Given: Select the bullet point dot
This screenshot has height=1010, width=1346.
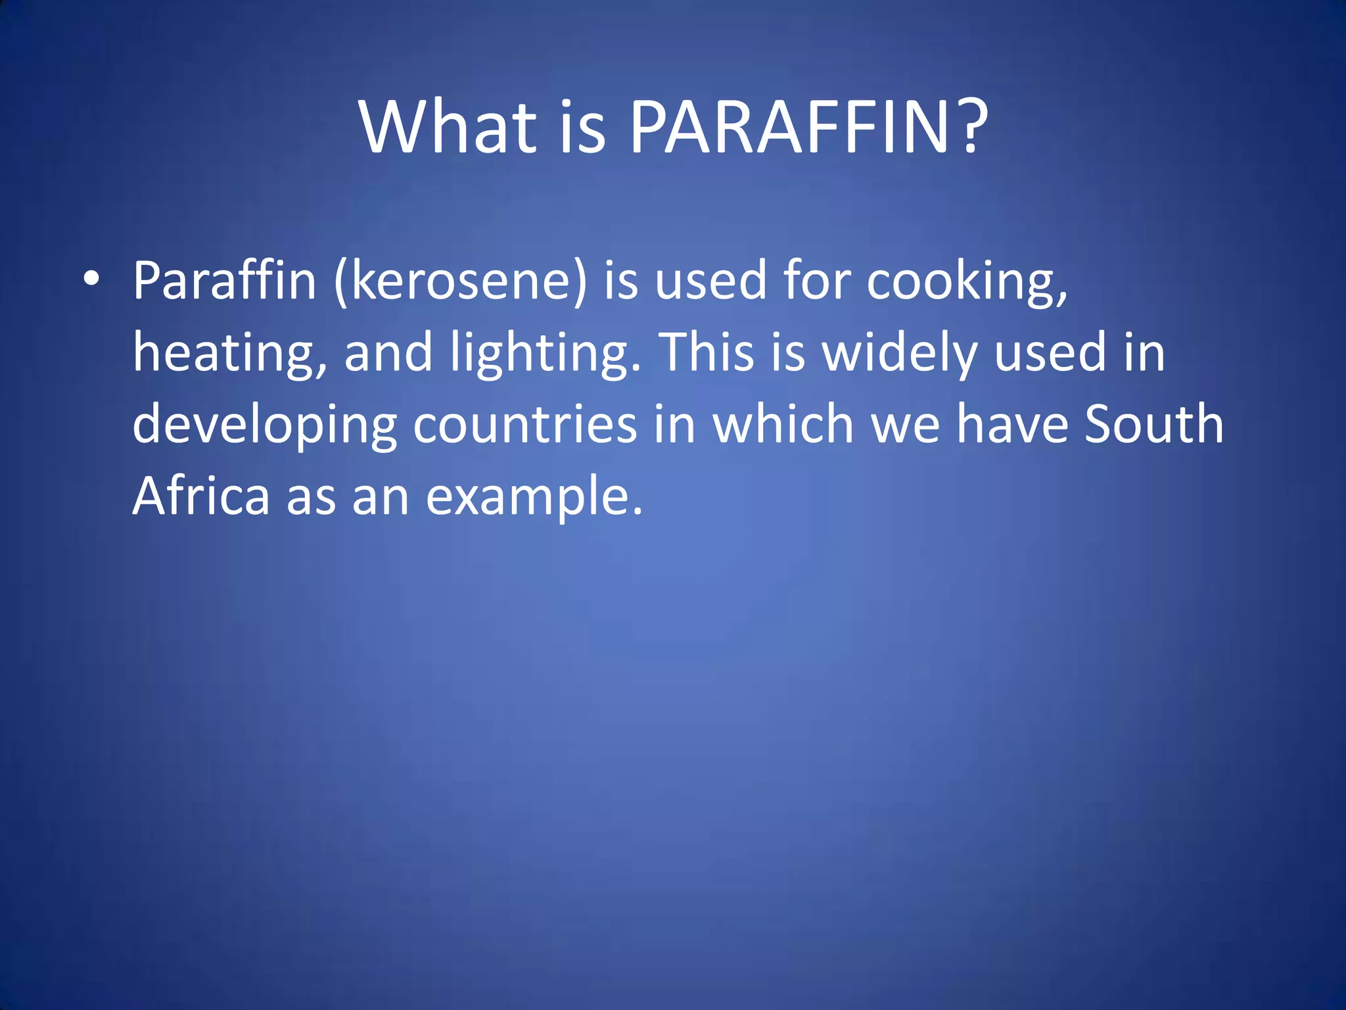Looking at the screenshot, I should tap(92, 279).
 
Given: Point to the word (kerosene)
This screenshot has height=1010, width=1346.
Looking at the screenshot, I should tap(460, 281).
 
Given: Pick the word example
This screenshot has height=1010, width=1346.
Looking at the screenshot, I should tap(533, 497).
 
